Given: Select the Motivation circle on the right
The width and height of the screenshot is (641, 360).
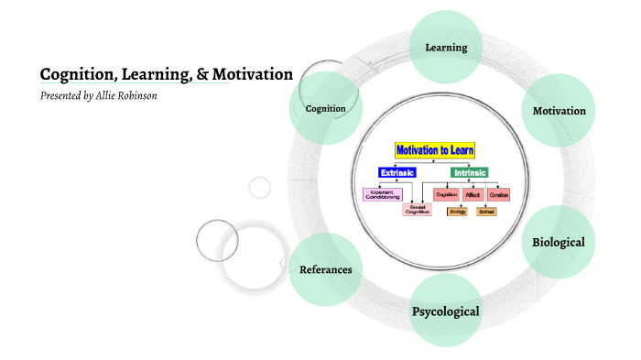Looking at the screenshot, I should tap(559, 111).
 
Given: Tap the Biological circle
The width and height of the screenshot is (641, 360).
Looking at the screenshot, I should tap(558, 242).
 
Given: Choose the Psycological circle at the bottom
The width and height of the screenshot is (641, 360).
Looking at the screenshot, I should tap(446, 311).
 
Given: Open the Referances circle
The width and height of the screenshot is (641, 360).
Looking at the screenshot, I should tap(326, 269).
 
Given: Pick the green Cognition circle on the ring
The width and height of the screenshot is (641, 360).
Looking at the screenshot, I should tap(325, 108).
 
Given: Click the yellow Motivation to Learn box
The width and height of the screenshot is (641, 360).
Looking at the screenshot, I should tap(435, 149).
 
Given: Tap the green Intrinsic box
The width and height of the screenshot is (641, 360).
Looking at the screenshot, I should tap(469, 172).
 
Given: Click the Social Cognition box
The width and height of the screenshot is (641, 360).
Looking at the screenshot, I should tap(417, 210).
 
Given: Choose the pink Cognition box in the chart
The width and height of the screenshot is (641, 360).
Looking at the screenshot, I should tap(446, 193).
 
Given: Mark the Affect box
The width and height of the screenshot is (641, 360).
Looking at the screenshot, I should tap(473, 193).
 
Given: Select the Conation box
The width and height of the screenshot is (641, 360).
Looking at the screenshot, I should tap(498, 193).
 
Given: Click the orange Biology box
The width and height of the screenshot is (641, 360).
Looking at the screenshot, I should tap(457, 212).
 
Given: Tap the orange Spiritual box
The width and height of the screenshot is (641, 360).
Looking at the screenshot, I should tap(485, 212).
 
